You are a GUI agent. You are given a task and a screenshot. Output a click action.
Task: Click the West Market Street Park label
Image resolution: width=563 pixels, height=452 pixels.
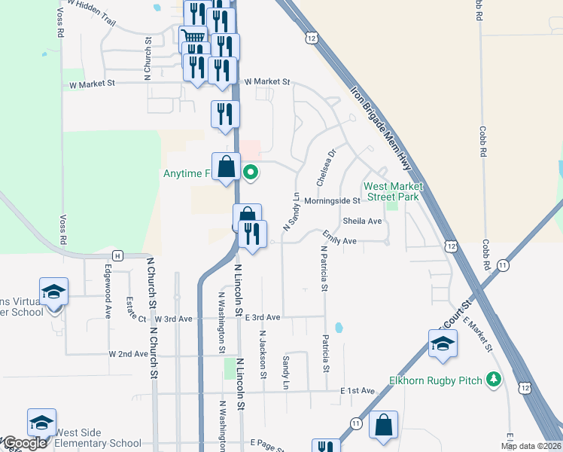pyautogui.click(x=392, y=191)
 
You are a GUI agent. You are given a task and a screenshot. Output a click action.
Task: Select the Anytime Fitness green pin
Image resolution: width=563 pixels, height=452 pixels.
pyautogui.click(x=251, y=173)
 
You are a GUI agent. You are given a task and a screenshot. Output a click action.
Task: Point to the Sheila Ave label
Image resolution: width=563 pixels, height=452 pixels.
pyautogui.click(x=363, y=221)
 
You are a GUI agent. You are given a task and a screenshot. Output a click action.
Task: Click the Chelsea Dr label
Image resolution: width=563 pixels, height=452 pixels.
pyautogui.click(x=325, y=167)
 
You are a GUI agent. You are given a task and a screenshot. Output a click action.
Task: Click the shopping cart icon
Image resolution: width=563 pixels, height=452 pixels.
pyautogui.click(x=193, y=35)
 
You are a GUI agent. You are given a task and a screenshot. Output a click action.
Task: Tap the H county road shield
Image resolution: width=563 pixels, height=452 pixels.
pyautogui.click(x=117, y=255)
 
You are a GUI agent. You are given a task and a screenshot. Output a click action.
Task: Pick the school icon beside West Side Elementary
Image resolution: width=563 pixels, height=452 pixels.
pyautogui.click(x=42, y=423)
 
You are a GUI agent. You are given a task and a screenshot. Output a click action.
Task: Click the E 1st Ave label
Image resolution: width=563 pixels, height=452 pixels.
pyautogui.click(x=358, y=390)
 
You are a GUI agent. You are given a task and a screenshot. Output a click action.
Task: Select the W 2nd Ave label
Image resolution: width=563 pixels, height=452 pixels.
pyautogui.click(x=128, y=353)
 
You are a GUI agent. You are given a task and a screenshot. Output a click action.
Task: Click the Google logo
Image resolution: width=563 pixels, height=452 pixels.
pyautogui.click(x=24, y=443)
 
